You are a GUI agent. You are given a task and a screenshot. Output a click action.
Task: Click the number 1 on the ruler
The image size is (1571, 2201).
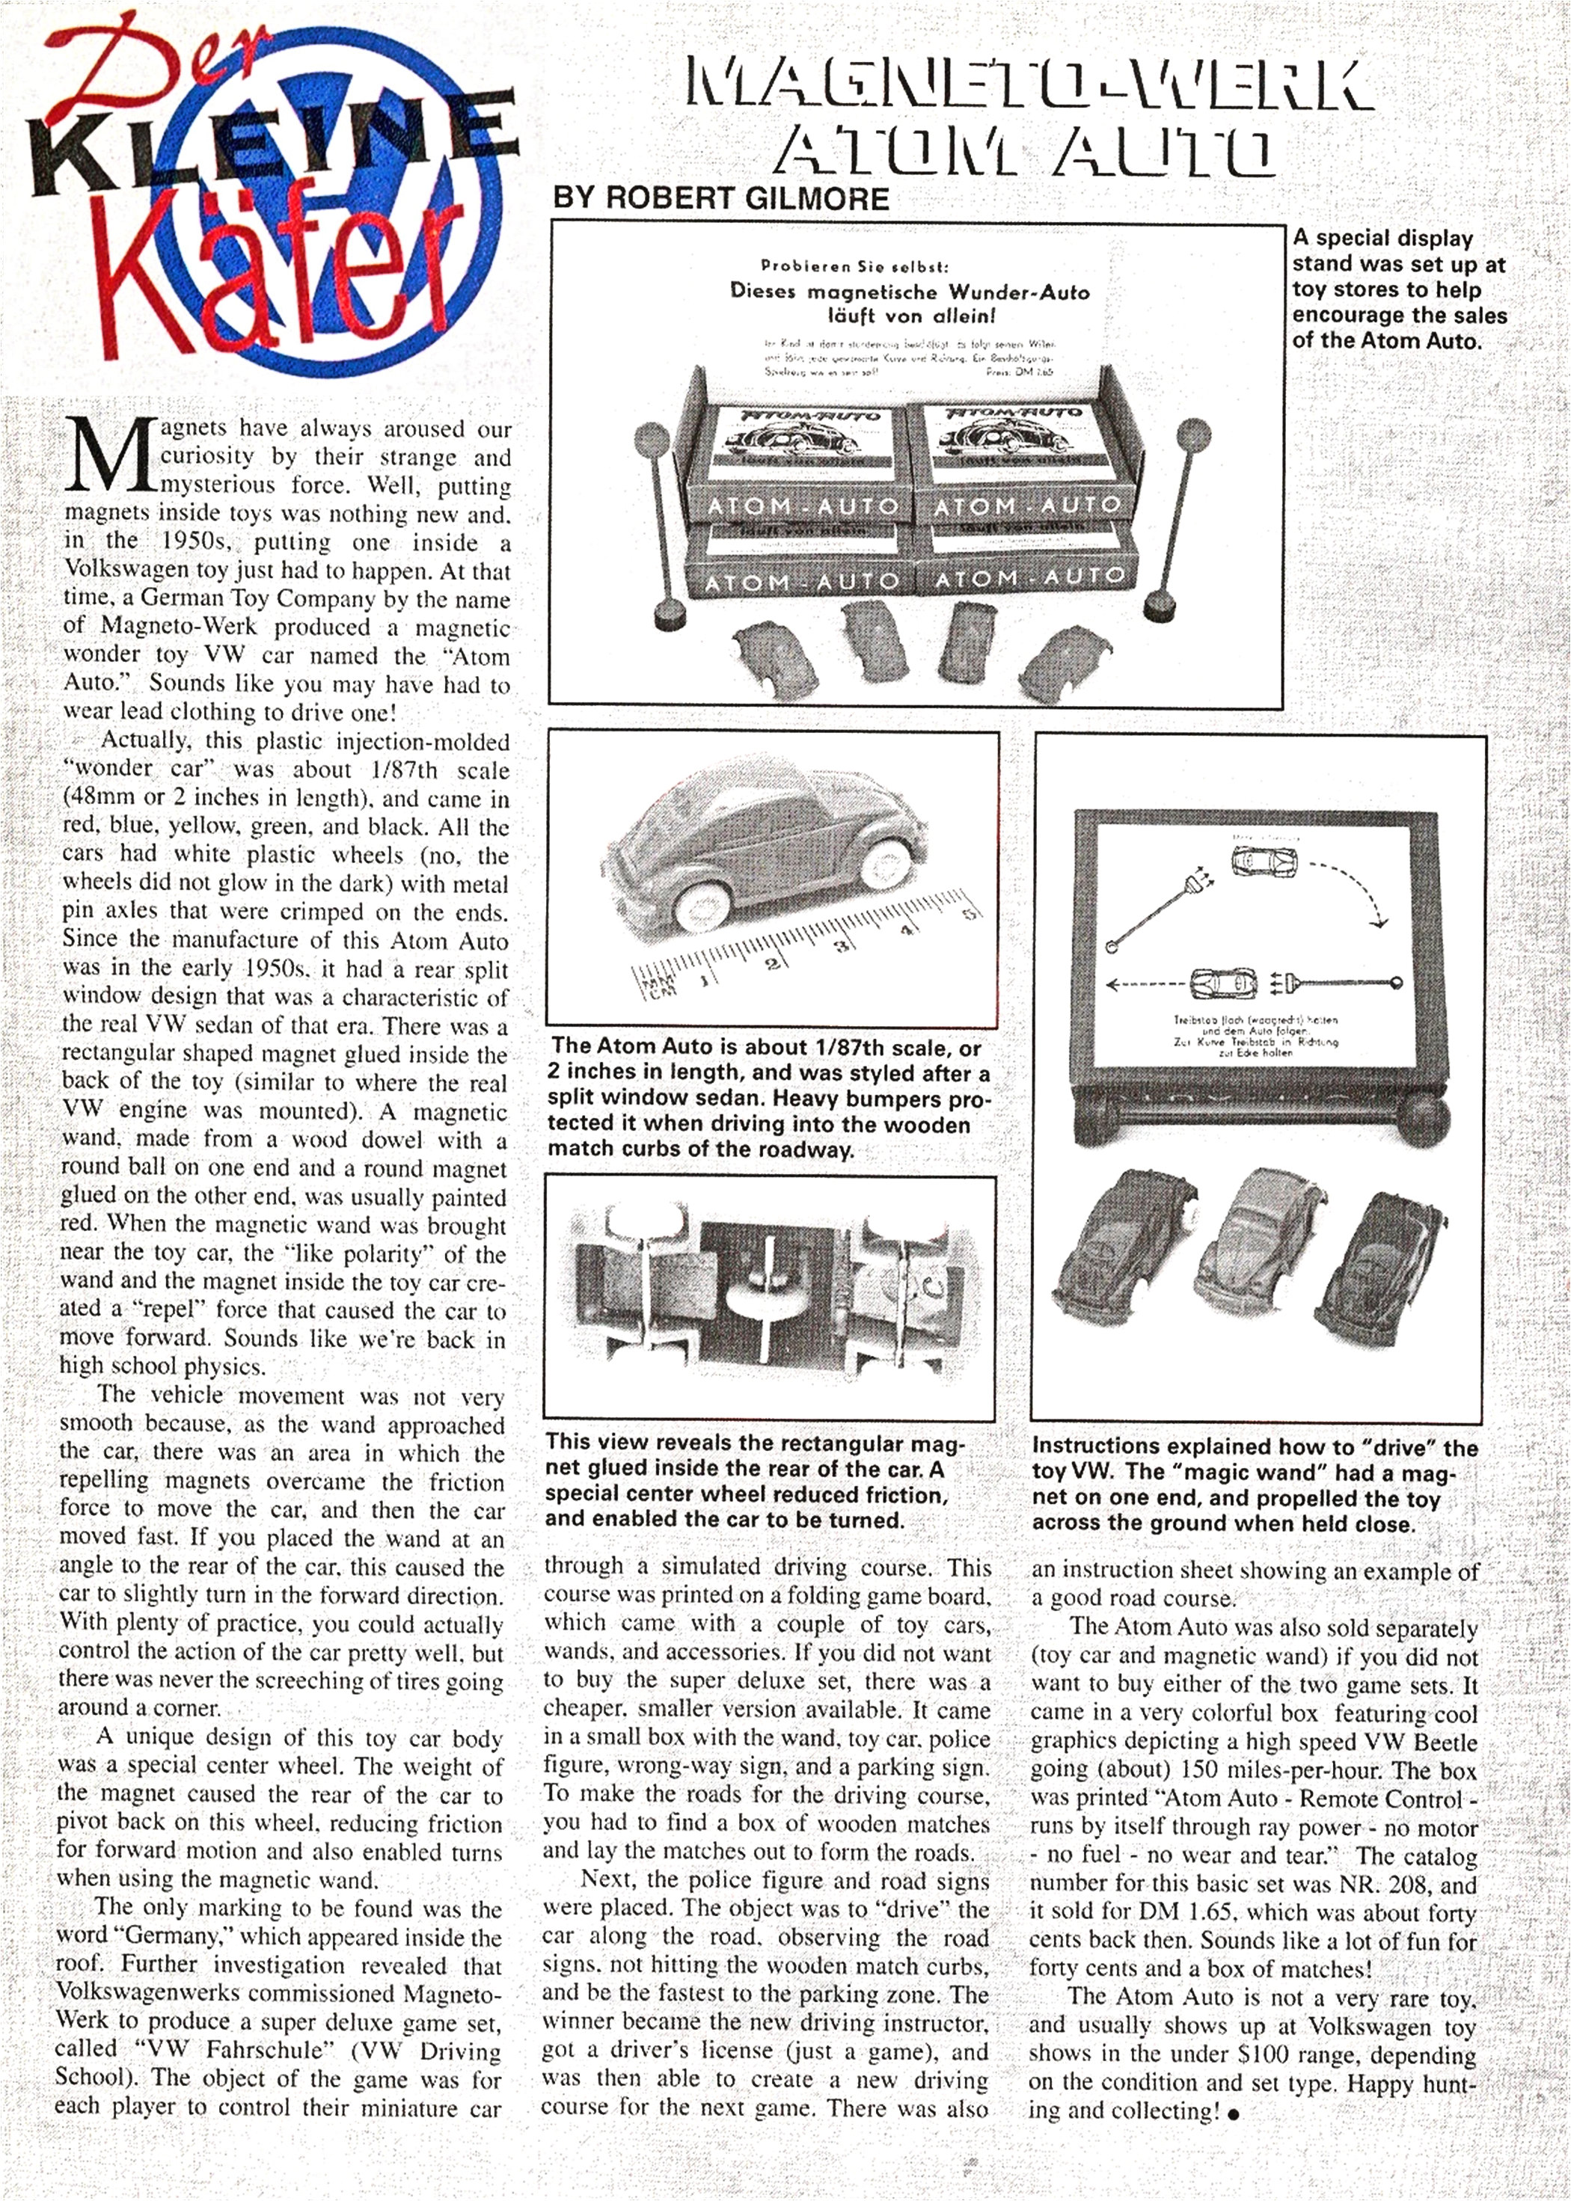pos(706,980)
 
